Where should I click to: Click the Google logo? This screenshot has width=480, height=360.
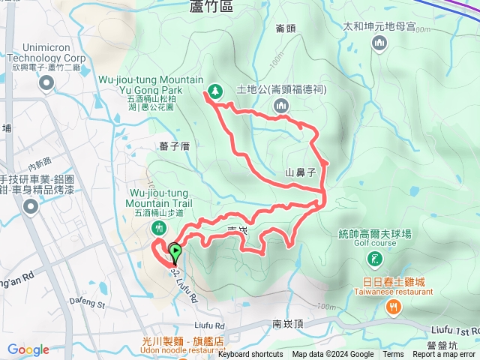coord(28,349)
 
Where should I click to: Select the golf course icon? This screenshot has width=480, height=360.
coord(374,259)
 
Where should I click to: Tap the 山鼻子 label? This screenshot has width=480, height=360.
coord(298,172)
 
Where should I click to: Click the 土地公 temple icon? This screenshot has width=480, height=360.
coord(281,106)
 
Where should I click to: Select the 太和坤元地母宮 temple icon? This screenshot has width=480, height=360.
coord(379,43)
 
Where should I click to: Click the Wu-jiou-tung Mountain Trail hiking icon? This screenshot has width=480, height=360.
coord(158,226)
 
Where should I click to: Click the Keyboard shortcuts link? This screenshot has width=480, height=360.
coord(250,355)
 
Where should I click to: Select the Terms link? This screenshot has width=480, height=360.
coord(393,355)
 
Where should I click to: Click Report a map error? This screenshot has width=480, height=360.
coord(444,355)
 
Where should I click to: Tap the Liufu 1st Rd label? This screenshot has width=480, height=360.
coord(455,331)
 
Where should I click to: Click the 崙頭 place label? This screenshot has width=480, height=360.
coord(285,28)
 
